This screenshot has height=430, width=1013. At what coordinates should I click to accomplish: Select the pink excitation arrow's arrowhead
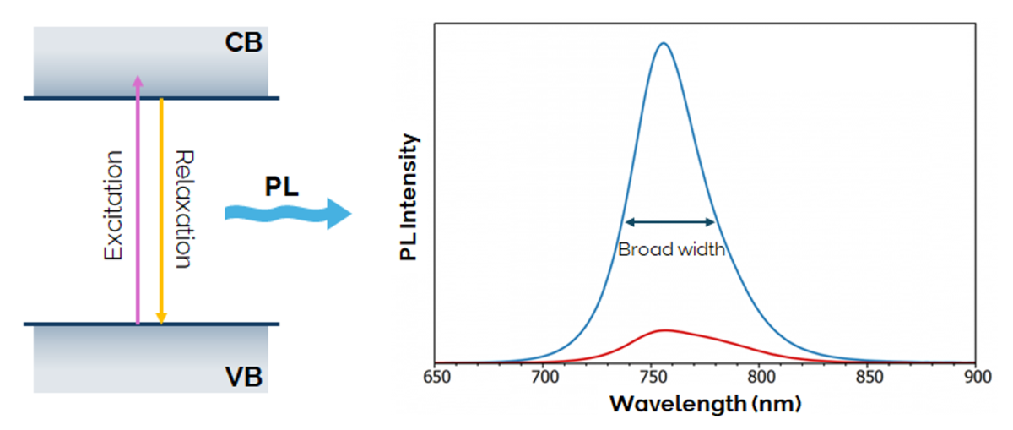pos(138,80)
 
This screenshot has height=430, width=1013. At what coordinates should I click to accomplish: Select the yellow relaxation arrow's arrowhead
pos(161,318)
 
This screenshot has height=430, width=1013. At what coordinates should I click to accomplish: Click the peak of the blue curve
pos(664,44)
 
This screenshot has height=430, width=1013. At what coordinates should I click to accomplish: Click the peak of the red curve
pos(665,330)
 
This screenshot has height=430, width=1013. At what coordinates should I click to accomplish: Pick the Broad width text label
pos(671,250)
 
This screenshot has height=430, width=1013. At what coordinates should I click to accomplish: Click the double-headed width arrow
pos(670,222)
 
